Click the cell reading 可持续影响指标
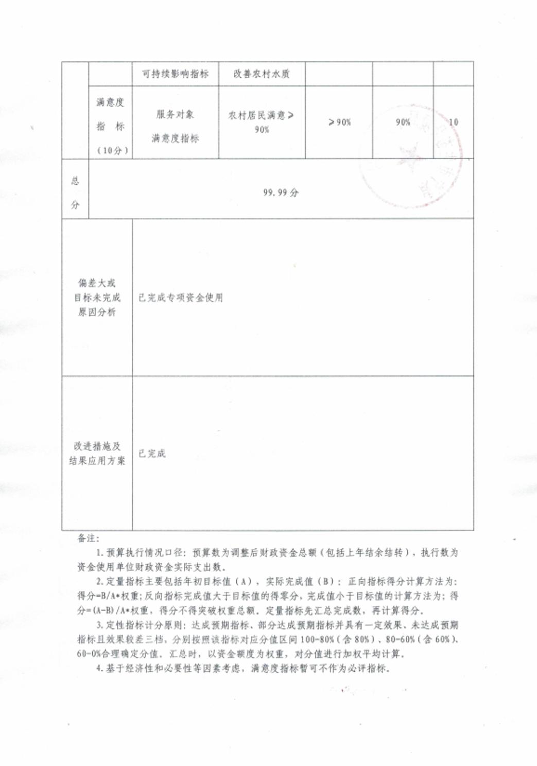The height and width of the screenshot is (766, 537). (175, 74)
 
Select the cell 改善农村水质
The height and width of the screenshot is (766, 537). (262, 74)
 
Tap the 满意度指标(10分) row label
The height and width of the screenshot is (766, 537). (111, 126)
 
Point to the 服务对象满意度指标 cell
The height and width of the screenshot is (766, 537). (175, 126)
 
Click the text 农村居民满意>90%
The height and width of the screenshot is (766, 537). (262, 122)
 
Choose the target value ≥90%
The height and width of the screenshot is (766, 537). (339, 122)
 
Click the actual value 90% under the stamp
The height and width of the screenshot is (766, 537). (403, 122)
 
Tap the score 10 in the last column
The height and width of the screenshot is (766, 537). (453, 122)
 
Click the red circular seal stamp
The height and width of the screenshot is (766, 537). (412, 157)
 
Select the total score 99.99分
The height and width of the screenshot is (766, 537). (281, 193)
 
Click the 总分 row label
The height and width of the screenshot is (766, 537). (75, 193)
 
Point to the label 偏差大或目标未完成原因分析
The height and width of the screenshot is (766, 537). (97, 298)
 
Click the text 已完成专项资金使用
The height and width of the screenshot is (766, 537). (181, 298)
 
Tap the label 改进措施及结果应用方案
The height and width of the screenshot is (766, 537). (97, 453)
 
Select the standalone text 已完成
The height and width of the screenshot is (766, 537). (152, 454)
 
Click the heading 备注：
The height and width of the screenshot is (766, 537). (88, 538)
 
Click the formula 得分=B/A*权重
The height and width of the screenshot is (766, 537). (109, 596)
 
